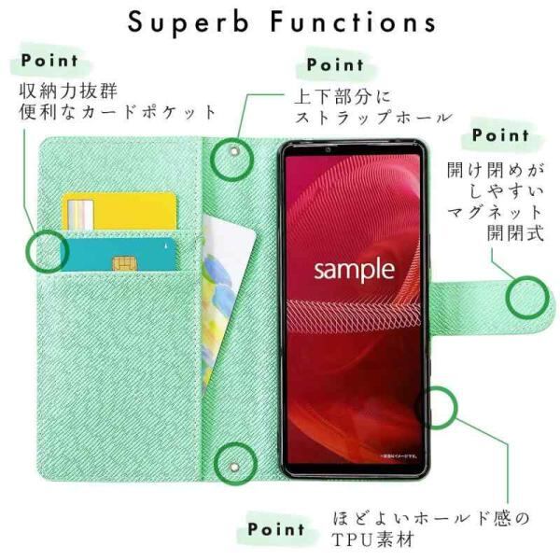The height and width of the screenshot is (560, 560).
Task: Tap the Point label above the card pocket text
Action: pyautogui.click(x=50, y=62)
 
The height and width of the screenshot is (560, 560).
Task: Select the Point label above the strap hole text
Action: pyautogui.click(x=335, y=65)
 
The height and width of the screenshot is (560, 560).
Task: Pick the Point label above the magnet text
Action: pyautogui.click(x=500, y=134)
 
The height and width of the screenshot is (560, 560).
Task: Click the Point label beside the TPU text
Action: pyautogui.click(x=276, y=529)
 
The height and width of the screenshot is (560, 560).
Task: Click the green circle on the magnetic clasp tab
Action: pyautogui.click(x=529, y=298)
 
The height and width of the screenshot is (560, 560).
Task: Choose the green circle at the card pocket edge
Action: pyautogui.click(x=49, y=251)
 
